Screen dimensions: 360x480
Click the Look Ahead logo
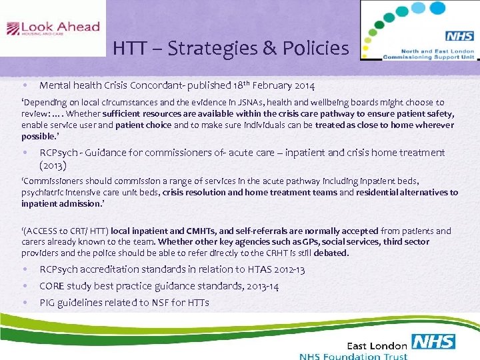click(53, 29)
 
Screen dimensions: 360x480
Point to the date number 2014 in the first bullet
click(302, 85)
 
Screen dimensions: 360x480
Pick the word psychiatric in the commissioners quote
click(41, 192)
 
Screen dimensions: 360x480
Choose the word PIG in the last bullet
click(48, 303)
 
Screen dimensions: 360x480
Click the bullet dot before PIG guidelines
click(24, 303)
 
